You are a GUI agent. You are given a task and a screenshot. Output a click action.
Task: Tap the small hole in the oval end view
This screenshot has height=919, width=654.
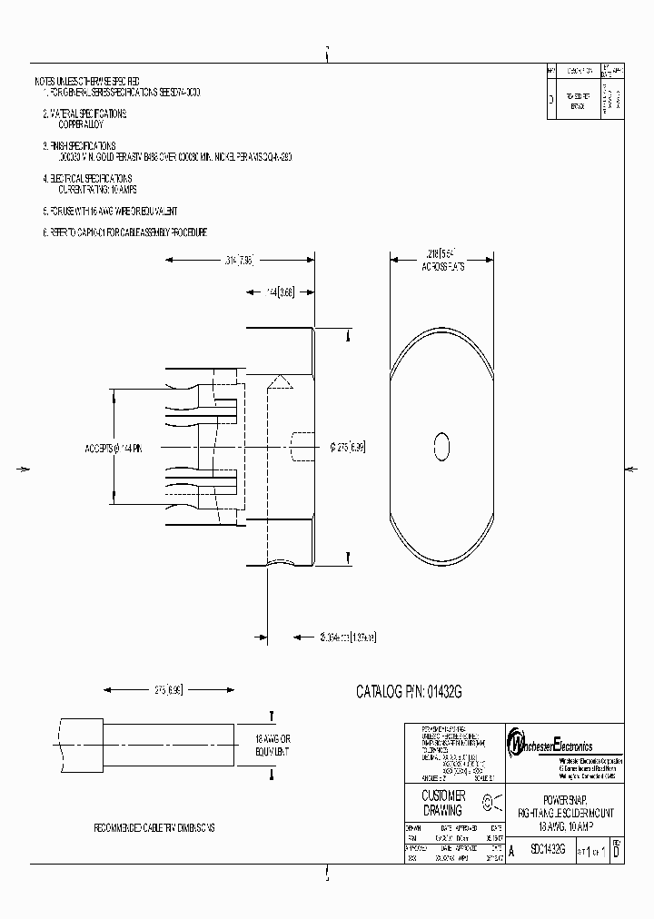click(442, 447)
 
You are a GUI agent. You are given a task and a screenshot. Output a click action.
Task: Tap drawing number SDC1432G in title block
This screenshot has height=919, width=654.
click(548, 850)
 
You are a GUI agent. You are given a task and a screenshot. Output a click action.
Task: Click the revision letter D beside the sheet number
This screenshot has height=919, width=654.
click(617, 851)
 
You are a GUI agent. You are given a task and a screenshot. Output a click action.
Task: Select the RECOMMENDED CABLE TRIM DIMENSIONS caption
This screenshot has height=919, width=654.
click(155, 829)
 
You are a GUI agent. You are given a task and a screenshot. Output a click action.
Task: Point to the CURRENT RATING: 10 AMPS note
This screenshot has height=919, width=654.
click(97, 189)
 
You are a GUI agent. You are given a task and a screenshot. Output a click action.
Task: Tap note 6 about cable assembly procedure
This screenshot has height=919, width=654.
click(126, 232)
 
